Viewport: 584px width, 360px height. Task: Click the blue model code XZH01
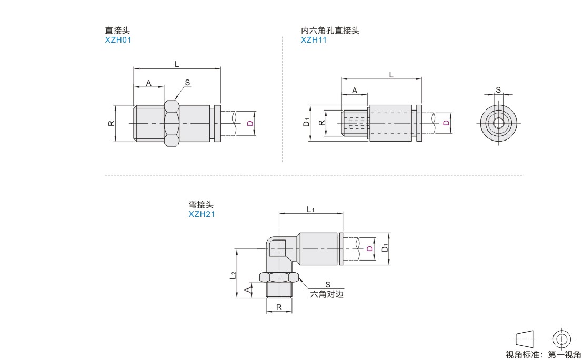click(x=118, y=40)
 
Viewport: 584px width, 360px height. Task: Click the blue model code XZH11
click(x=314, y=40)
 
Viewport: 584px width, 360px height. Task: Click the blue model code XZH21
click(x=202, y=214)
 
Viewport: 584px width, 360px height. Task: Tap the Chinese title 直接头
click(x=117, y=31)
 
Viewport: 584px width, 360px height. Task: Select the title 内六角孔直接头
click(x=330, y=31)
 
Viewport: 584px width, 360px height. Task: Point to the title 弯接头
click(x=201, y=205)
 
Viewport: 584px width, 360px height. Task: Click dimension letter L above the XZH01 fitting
click(x=177, y=64)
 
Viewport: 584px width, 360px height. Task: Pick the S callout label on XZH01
click(x=187, y=83)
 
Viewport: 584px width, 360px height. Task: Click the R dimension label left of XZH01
click(x=112, y=123)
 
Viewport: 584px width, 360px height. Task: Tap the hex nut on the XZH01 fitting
click(x=172, y=123)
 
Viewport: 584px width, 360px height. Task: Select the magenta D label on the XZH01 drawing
click(x=250, y=123)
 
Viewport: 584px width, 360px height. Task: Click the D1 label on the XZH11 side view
click(x=307, y=122)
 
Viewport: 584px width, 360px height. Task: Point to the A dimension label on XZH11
click(x=355, y=91)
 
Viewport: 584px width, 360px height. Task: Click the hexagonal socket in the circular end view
click(x=498, y=123)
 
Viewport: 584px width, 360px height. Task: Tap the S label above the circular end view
click(x=498, y=90)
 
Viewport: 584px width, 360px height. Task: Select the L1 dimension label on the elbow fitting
click(x=310, y=209)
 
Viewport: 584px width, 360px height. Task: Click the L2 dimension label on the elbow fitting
click(x=233, y=275)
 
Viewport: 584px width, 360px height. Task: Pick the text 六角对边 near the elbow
click(x=327, y=294)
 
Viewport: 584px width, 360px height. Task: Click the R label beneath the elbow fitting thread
click(x=279, y=307)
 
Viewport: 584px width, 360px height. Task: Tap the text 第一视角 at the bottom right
click(x=564, y=354)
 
